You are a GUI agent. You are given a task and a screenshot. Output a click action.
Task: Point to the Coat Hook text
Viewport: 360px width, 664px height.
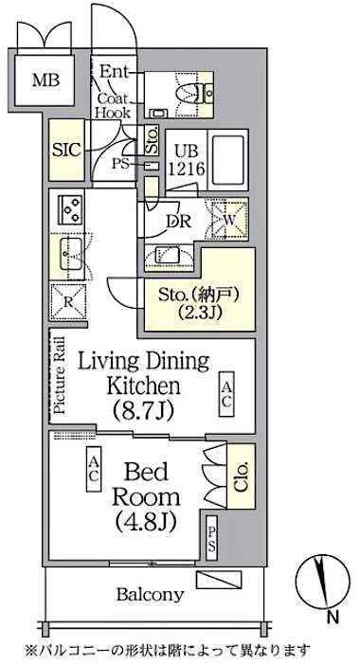[112, 102]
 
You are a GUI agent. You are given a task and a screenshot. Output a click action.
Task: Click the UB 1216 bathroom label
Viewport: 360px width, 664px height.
[185, 157]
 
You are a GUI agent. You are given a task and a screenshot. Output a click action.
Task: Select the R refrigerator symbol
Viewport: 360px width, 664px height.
[68, 302]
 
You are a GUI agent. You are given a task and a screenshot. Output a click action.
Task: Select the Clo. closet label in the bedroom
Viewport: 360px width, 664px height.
[241, 470]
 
